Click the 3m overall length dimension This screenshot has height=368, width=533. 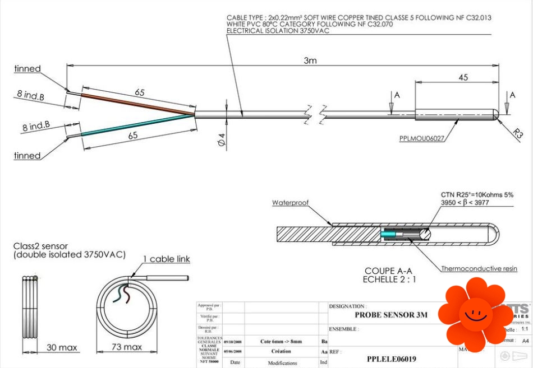click(x=310, y=60)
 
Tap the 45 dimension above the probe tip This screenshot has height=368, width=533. click(x=463, y=77)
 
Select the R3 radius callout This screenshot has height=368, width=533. click(x=517, y=133)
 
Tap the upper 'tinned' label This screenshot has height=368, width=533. click(x=27, y=69)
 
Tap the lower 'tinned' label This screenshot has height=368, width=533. click(x=27, y=156)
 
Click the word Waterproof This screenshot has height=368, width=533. click(x=291, y=202)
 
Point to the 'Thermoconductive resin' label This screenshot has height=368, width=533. click(x=479, y=269)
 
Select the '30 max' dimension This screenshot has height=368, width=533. click(x=62, y=347)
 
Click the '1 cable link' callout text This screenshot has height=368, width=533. click(x=166, y=259)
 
